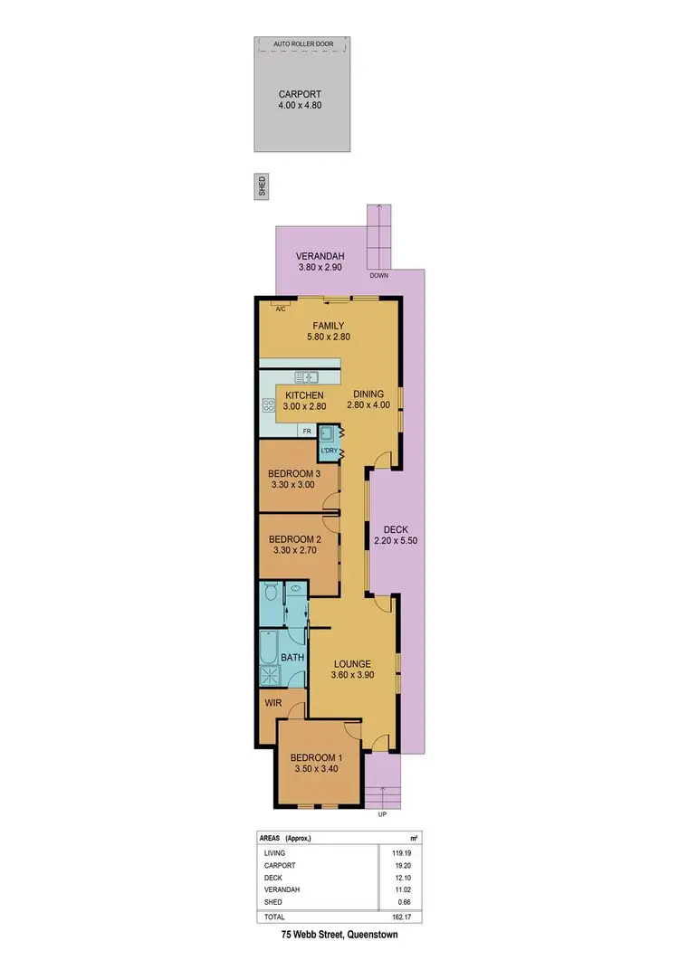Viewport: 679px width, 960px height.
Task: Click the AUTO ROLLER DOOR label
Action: pyautogui.click(x=301, y=43)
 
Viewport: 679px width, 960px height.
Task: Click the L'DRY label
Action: pyautogui.click(x=329, y=451)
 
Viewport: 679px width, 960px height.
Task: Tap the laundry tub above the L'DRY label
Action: pyautogui.click(x=327, y=433)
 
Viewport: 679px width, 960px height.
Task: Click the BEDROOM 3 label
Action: pyautogui.click(x=294, y=473)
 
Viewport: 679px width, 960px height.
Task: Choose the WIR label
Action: pyautogui.click(x=274, y=702)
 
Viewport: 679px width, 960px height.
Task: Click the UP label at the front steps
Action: pyautogui.click(x=383, y=813)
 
